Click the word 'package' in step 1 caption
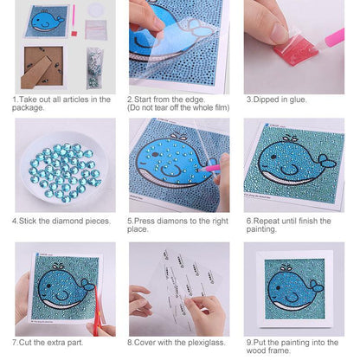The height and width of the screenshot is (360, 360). click(27, 108)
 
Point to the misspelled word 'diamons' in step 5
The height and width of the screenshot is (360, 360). click(172, 222)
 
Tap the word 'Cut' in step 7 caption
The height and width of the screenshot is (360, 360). click(25, 343)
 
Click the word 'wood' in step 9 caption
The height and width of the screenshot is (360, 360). click(255, 350)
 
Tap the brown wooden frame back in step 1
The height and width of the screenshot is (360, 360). click(42, 67)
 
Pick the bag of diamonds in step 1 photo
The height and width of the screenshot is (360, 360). click(95, 68)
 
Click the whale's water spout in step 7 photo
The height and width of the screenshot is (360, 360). click(58, 267)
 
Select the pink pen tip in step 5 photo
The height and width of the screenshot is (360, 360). click(201, 170)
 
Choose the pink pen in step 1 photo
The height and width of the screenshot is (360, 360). click(74, 19)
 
